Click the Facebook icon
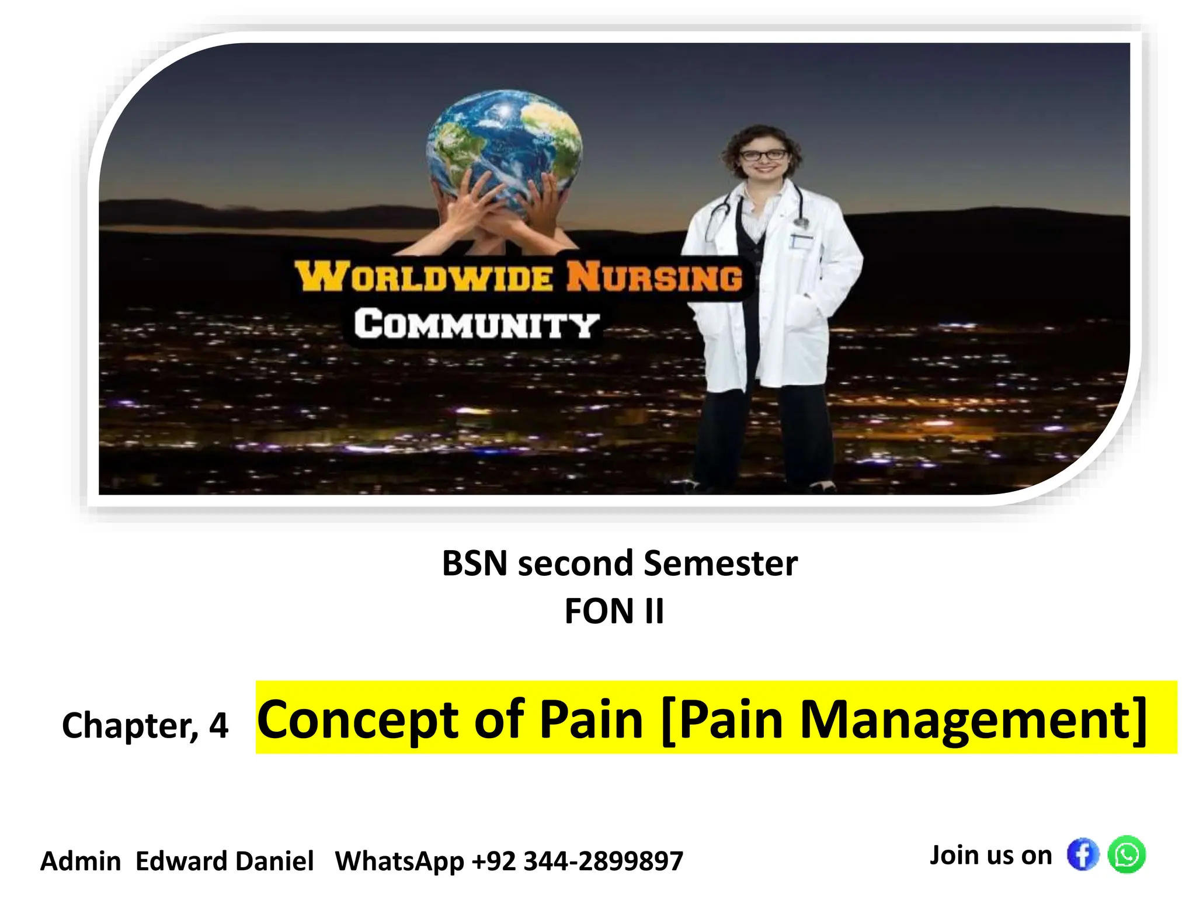(x=1082, y=855)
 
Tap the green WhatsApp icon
(x=1127, y=855)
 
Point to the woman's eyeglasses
(x=763, y=155)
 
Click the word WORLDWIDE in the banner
(x=423, y=277)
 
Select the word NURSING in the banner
(x=654, y=277)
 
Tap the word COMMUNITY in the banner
(x=477, y=325)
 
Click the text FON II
(x=614, y=611)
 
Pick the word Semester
(x=720, y=564)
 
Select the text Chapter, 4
(x=145, y=726)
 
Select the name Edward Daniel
(x=224, y=861)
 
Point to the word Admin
(x=81, y=861)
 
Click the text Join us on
(x=990, y=856)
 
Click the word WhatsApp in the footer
(x=399, y=861)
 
